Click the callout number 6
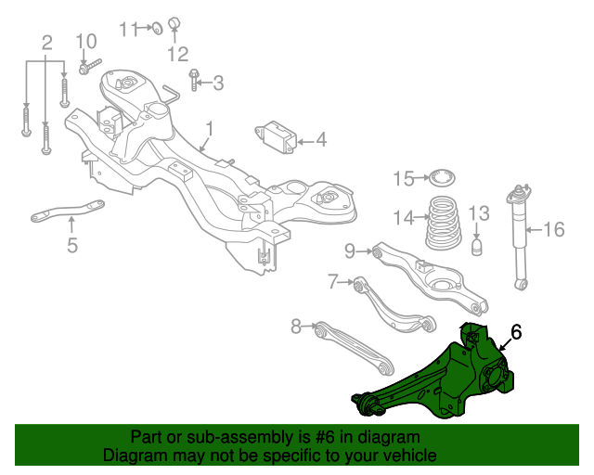(516, 331)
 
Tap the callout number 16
(553, 229)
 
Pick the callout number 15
(402, 178)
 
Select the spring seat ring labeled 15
(442, 177)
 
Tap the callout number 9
(350, 250)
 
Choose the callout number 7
(333, 280)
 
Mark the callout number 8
(296, 326)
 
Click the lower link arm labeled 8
(353, 348)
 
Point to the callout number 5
(72, 245)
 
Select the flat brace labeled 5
(67, 212)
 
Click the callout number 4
(320, 140)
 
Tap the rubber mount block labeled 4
(277, 135)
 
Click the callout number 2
(46, 42)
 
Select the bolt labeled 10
(89, 66)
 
